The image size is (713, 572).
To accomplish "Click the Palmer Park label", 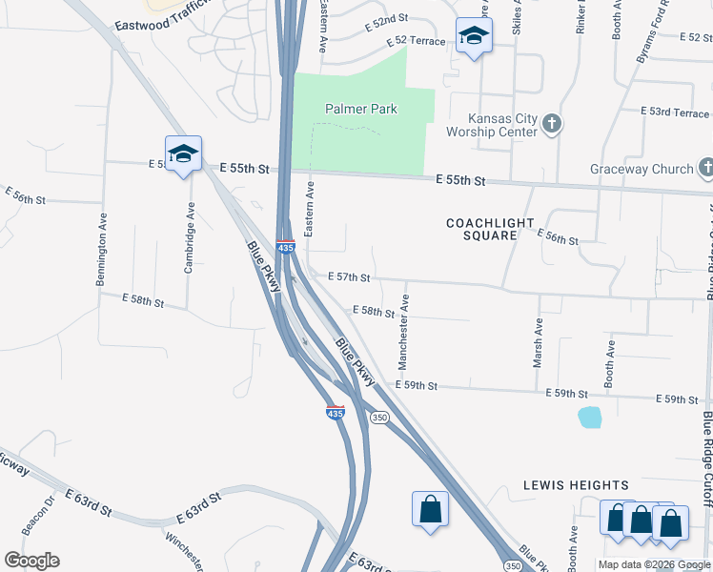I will pyautogui.click(x=360, y=109).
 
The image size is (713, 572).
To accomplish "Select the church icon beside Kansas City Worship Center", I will pyautogui.click(x=552, y=123).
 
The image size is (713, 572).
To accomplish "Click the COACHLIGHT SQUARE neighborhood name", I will pyautogui.click(x=491, y=229).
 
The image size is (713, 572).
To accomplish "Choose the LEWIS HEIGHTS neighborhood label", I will pyautogui.click(x=576, y=485).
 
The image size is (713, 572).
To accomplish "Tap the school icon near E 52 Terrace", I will pyautogui.click(x=474, y=37).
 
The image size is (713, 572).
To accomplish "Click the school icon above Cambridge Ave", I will pyautogui.click(x=183, y=153).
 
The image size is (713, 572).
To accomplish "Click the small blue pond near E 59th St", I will pyautogui.click(x=590, y=417).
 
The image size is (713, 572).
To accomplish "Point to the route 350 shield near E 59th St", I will pyautogui.click(x=379, y=418).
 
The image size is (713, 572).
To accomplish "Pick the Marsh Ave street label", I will pyautogui.click(x=538, y=342).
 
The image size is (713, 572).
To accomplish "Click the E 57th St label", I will pyautogui.click(x=348, y=276).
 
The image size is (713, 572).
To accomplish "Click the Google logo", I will pyautogui.click(x=31, y=561).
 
